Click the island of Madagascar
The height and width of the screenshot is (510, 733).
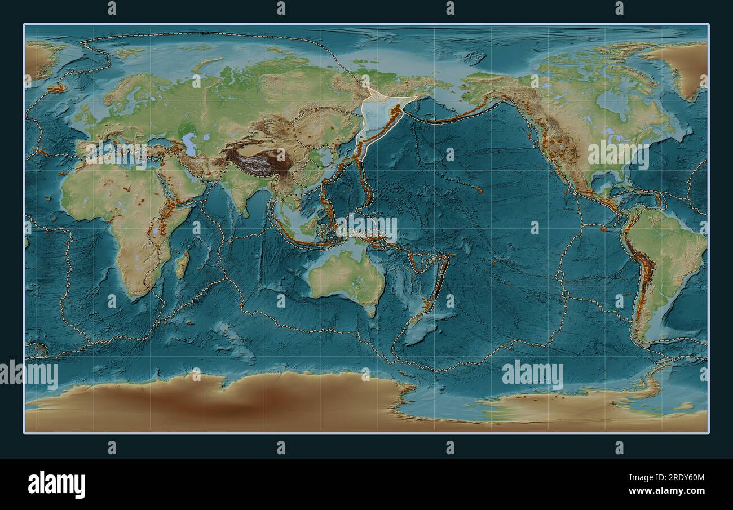pyautogui.click(x=182, y=265)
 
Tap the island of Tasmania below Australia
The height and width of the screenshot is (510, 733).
pyautogui.click(x=370, y=309)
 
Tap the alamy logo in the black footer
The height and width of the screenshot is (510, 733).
pyautogui.click(x=57, y=484)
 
